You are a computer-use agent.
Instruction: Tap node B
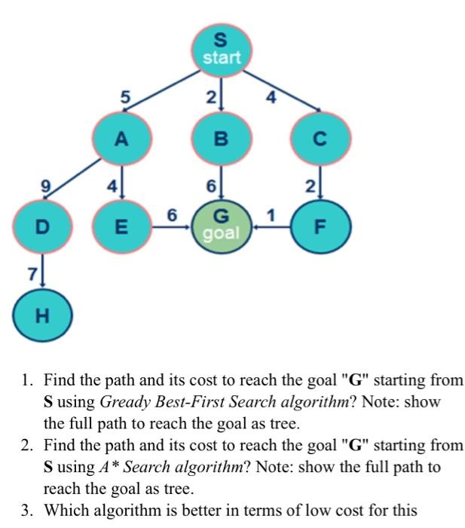[220, 140]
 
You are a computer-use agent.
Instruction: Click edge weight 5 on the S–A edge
[126, 96]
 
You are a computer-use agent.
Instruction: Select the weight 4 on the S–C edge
[271, 96]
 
